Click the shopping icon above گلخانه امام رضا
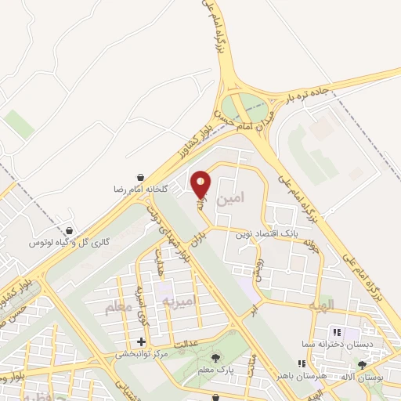point(139,178)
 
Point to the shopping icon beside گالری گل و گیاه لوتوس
point(70,231)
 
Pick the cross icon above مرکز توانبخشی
point(141,341)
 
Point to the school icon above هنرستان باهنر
point(302,363)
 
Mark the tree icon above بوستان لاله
point(361,364)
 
